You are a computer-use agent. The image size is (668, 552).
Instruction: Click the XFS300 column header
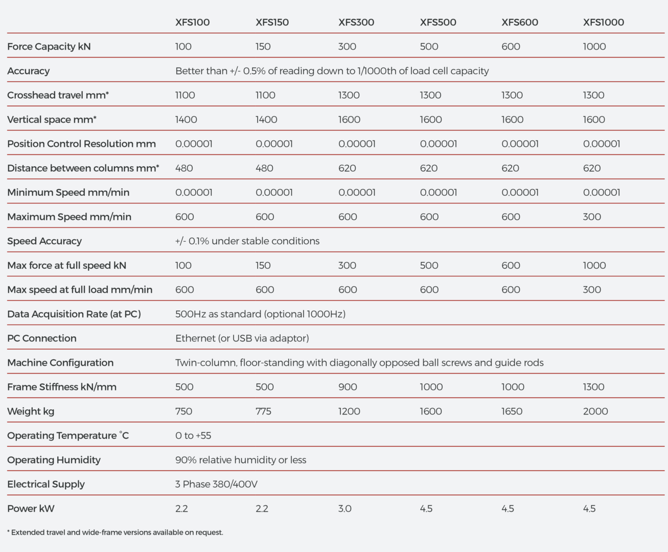(356, 22)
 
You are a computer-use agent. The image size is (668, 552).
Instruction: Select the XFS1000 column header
(604, 22)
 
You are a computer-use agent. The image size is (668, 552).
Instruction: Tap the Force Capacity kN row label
(49, 47)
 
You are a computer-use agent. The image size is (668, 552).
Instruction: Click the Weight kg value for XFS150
(263, 411)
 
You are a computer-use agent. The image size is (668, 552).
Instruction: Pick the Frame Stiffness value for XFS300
(348, 387)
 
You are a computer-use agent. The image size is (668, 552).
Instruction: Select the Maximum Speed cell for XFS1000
(592, 217)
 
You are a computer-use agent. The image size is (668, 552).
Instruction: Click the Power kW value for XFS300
(345, 509)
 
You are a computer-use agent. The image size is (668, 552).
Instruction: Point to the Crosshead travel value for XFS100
(185, 95)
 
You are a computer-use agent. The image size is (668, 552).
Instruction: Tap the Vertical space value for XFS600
(513, 120)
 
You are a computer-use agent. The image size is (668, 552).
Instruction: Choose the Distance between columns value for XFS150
(264, 168)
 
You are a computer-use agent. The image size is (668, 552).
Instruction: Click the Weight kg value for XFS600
(512, 411)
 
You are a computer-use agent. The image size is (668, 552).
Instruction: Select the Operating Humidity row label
(54, 460)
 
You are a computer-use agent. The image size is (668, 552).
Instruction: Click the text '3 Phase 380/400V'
(216, 484)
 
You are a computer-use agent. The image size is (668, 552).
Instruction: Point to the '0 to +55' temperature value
(193, 435)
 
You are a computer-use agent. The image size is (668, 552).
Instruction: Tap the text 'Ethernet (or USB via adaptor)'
(242, 338)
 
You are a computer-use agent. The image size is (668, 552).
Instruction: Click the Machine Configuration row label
(60, 362)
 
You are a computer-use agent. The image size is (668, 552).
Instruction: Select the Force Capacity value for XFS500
(429, 47)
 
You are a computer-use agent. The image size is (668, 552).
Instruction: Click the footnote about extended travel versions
(115, 533)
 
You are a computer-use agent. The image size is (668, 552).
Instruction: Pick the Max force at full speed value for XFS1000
(594, 265)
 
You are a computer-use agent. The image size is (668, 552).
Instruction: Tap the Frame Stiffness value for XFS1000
(594, 387)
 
